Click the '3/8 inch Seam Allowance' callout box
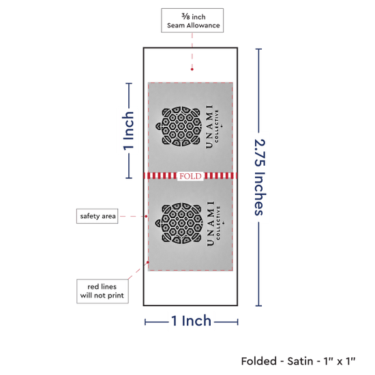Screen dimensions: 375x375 (x=192, y=20)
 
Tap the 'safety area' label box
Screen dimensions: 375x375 (x=97, y=216)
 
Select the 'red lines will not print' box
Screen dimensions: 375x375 (x=102, y=291)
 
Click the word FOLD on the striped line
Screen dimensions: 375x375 (x=190, y=177)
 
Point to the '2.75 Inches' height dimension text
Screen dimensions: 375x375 (x=260, y=177)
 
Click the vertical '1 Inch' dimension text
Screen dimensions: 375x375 (x=128, y=131)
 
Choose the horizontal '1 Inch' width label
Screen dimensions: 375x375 (x=192, y=320)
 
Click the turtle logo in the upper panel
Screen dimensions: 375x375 (x=178, y=126)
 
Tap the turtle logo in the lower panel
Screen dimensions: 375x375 (x=178, y=223)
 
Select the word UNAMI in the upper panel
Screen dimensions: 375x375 (x=209, y=127)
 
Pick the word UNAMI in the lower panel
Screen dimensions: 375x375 (x=210, y=224)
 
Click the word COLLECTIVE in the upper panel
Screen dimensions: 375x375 (x=217, y=126)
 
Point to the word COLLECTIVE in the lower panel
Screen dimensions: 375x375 (x=217, y=223)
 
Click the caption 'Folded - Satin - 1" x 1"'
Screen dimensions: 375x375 (x=298, y=361)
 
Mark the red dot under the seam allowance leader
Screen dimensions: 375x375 (x=192, y=70)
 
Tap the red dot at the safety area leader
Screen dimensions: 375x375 (x=146, y=216)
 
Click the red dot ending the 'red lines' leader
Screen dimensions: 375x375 (x=148, y=262)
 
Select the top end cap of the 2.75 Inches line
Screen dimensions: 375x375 (x=258, y=49)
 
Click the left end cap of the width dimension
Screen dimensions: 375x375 (x=145, y=322)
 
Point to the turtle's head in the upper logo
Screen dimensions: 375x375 (x=159, y=127)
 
